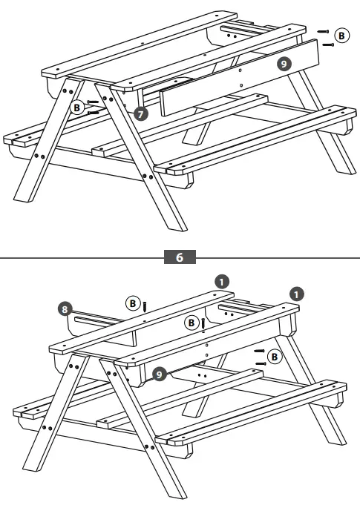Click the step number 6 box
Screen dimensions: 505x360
click(180, 257)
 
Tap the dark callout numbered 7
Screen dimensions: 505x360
click(142, 113)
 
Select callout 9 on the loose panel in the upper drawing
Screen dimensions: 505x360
click(283, 64)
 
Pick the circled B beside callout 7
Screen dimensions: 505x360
click(76, 108)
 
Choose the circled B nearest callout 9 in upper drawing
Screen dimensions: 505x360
click(341, 35)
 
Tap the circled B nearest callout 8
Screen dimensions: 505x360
click(132, 303)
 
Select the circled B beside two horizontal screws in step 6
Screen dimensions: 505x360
click(274, 357)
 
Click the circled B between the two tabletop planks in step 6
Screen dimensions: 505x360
click(191, 323)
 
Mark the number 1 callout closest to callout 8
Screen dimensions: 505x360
click(220, 281)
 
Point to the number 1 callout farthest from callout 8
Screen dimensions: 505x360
click(298, 294)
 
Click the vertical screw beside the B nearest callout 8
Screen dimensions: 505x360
click(145, 306)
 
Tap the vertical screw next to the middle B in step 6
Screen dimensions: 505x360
click(203, 324)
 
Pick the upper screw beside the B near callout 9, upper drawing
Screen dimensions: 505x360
click(323, 31)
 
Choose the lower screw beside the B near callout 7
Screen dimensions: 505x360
click(94, 113)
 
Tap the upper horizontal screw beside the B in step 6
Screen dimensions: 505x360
click(259, 351)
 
